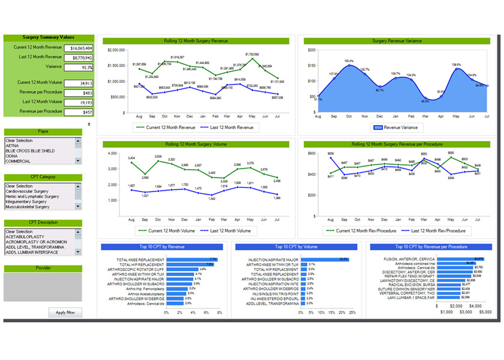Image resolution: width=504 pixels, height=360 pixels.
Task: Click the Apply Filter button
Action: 65,313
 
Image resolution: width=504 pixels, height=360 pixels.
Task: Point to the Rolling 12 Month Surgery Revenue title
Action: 196,41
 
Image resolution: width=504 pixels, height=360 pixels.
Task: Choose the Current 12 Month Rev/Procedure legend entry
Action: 361,230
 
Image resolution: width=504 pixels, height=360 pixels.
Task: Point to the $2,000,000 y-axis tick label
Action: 116,50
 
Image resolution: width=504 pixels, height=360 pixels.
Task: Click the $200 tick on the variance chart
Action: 311,50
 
